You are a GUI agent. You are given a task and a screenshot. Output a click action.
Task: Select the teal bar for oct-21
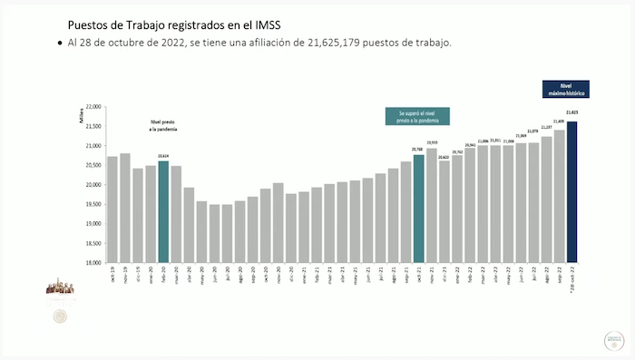[x=419, y=209]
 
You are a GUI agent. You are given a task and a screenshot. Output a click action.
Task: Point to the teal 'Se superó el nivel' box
[x=417, y=116]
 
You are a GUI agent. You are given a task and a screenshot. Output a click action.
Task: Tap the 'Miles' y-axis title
[x=80, y=113]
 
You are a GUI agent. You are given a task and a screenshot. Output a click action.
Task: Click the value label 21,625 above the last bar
[x=571, y=112]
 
